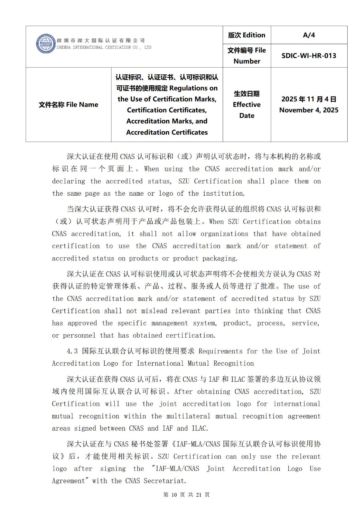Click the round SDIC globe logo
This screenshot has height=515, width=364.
[x=46, y=43]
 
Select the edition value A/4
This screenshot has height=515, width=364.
[x=309, y=35]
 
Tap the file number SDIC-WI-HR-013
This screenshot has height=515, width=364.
[x=309, y=56]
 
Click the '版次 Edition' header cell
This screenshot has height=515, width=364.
[x=247, y=35]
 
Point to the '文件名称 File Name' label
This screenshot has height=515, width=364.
[x=68, y=105]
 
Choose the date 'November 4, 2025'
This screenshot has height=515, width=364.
[x=309, y=110]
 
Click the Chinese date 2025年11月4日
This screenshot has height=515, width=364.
[x=309, y=99]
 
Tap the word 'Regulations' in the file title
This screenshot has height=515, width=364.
[x=193, y=88]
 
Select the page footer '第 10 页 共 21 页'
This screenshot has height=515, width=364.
[x=186, y=495]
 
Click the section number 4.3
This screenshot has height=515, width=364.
[x=72, y=351]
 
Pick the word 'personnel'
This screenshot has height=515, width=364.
[x=79, y=335]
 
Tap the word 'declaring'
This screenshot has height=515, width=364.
[x=69, y=181]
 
